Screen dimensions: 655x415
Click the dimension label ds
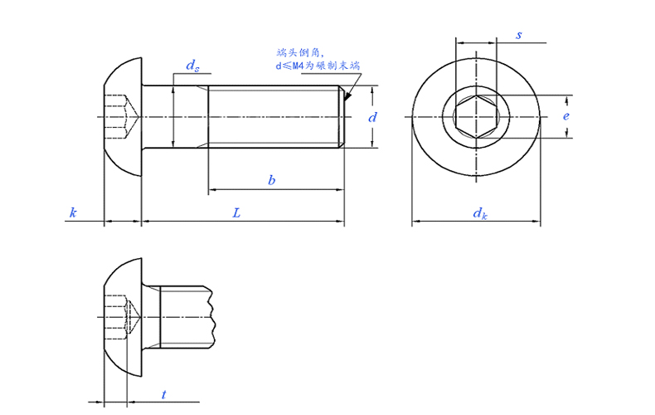pos(192,66)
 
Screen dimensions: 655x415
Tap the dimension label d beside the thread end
pos(371,117)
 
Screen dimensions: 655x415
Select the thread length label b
pos(271,180)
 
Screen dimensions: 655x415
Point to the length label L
pos(236,213)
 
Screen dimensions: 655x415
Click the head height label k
pos(73,212)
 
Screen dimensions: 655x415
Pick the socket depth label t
pos(164,394)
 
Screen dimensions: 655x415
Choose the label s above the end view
pos(519,35)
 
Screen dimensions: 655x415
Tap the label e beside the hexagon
pos(566,116)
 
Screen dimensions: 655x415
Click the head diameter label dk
pos(480,213)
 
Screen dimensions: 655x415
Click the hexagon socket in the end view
pos(476,117)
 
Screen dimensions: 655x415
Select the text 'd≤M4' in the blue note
pos(289,66)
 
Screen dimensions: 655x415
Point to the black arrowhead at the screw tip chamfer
pos(347,97)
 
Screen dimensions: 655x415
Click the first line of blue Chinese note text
pos(300,53)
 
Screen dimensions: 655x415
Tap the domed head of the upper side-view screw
pos(123,117)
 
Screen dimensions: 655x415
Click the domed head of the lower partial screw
pos(123,317)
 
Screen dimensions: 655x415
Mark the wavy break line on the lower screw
pos(211,317)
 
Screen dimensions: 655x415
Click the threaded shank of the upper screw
pos(276,117)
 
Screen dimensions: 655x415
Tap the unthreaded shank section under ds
pos(175,117)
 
